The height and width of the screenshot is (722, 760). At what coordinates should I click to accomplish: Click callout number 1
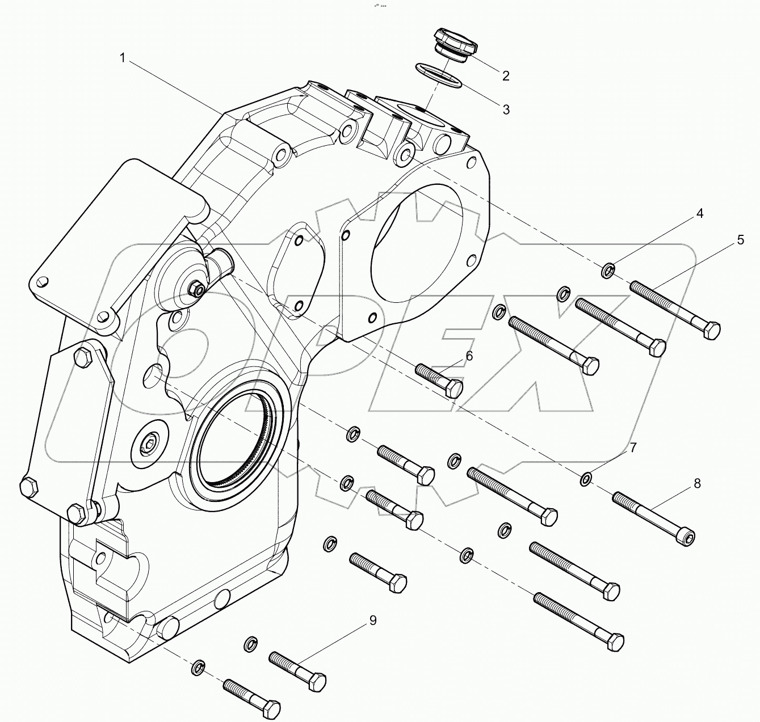(x=123, y=57)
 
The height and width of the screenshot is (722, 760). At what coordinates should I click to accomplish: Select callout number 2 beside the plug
(x=506, y=75)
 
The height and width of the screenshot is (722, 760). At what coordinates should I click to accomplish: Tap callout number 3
(x=506, y=109)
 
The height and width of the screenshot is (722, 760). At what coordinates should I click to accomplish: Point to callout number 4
(x=700, y=213)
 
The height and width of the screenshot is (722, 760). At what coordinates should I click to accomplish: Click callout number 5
(x=740, y=240)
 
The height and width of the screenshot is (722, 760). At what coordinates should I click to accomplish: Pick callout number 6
(x=469, y=356)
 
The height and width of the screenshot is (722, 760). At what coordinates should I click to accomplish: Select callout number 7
(x=632, y=447)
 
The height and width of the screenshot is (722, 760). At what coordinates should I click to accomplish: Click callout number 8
(x=696, y=483)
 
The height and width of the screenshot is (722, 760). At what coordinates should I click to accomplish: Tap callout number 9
(x=372, y=620)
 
